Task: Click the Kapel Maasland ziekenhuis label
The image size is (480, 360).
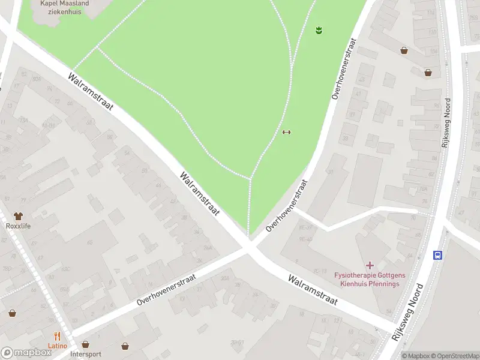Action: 64,7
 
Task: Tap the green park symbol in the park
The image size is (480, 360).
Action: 319,29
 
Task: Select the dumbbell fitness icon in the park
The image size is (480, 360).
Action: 286,133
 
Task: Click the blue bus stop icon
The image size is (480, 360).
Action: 438,255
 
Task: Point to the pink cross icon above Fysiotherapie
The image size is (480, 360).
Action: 370,265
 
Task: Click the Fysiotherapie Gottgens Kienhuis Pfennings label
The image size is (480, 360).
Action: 370,279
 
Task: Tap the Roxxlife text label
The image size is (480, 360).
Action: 18,226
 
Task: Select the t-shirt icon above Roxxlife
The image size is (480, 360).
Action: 18,215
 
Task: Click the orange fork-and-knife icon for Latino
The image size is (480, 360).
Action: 58,337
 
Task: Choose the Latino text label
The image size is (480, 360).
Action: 58,346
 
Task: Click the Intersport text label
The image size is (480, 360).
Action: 85,354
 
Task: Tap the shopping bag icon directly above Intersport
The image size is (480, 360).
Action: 85,345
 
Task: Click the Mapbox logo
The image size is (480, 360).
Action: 26,353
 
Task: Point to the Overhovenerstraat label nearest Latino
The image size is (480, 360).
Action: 166,289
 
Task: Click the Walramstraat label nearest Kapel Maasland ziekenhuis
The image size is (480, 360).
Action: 91,92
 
